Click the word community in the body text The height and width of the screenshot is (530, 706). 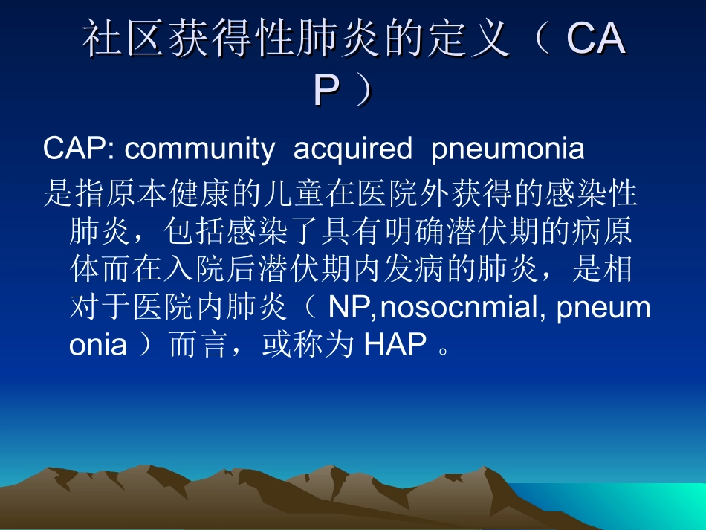(x=198, y=149)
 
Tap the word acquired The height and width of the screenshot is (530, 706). (x=352, y=149)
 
